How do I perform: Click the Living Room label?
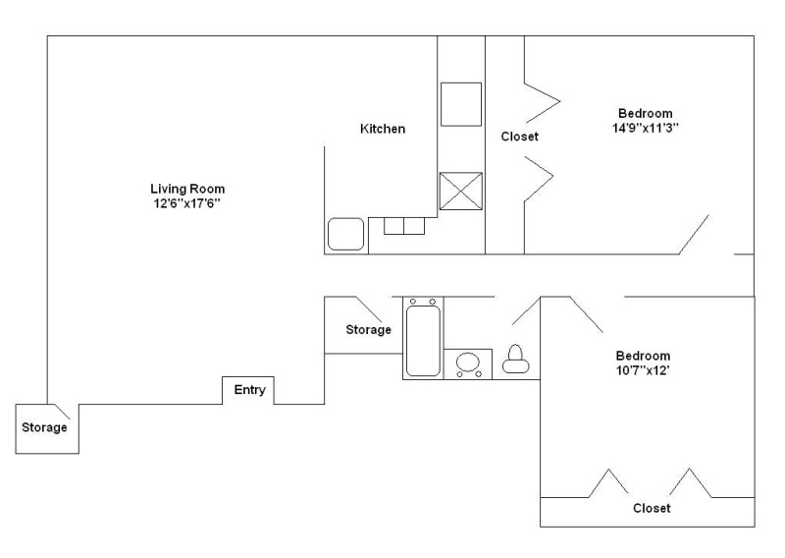(x=187, y=189)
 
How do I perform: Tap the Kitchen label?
(x=383, y=129)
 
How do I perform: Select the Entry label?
(x=250, y=390)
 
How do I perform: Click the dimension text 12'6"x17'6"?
(x=187, y=203)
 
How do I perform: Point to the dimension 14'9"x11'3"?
(x=646, y=128)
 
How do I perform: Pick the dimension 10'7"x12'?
(x=643, y=370)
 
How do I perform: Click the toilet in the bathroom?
(x=516, y=359)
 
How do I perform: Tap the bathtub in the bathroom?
(x=423, y=337)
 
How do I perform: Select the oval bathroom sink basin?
(x=468, y=362)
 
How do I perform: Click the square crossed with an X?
(x=461, y=191)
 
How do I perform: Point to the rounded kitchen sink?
(x=346, y=234)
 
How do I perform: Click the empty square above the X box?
(x=461, y=104)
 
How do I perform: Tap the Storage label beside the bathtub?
(x=369, y=330)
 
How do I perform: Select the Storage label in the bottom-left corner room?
(x=44, y=427)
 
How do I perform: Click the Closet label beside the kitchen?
(x=520, y=137)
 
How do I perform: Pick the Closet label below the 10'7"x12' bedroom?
(x=652, y=508)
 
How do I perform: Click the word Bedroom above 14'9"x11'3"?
(x=646, y=113)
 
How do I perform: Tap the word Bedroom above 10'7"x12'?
(x=643, y=356)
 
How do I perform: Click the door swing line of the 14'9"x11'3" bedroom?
(x=694, y=235)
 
